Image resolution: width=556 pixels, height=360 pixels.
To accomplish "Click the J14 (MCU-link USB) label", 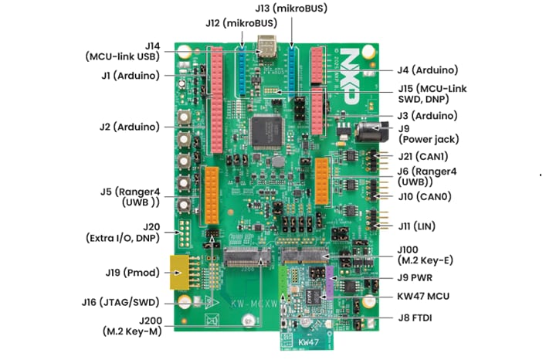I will coord(123,51).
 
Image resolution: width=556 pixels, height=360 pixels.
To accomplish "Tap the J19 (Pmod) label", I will coord(127,272).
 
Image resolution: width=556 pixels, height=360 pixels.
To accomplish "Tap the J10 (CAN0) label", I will coord(425,196).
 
